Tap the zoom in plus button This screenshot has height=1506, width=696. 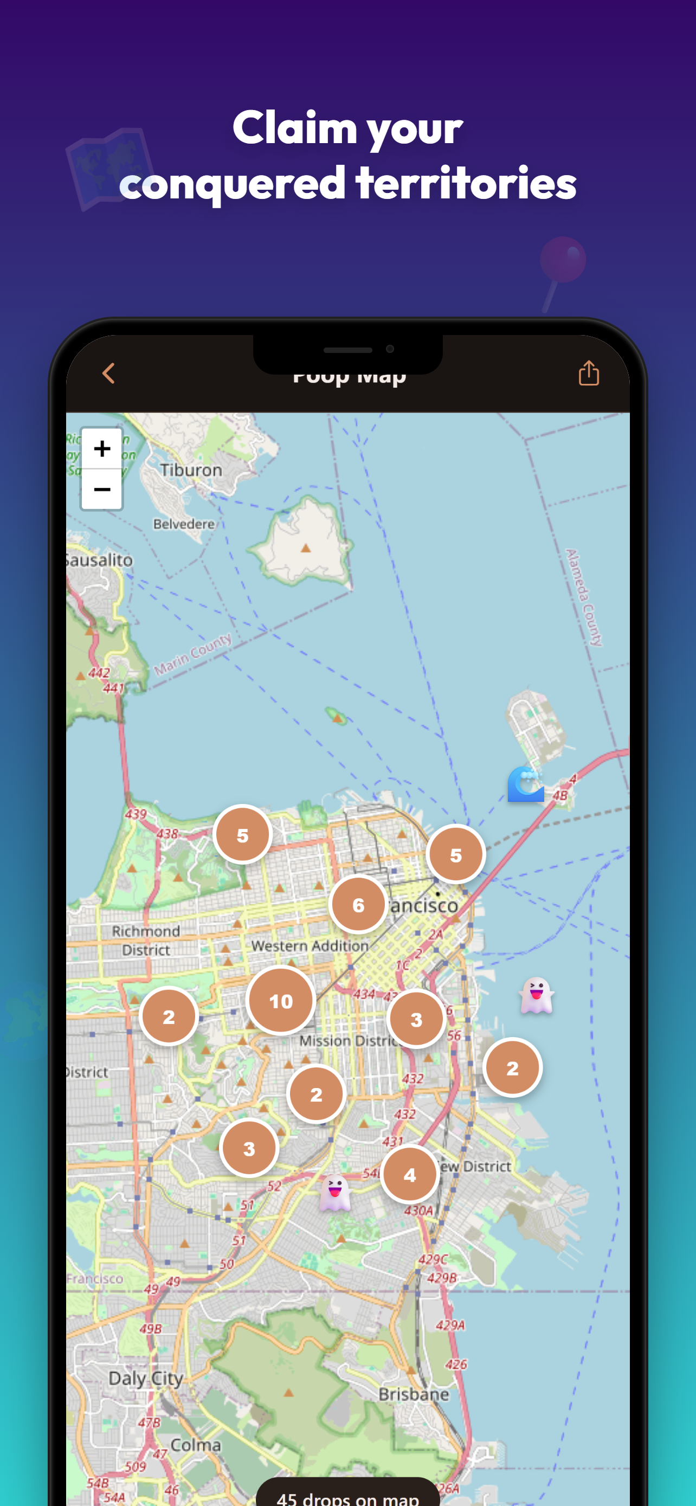pos(102,448)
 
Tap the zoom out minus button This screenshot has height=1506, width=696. pos(102,490)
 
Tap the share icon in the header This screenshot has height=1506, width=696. pos(589,373)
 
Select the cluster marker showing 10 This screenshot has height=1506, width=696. pos(280,1001)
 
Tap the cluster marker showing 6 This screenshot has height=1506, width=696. pos(358,905)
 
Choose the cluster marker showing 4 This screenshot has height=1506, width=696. pos(410,1175)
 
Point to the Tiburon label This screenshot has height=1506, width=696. pos(191,470)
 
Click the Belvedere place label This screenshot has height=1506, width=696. pos(184,524)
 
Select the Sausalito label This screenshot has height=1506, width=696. pos(100,560)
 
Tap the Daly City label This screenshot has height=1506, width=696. pos(145,1378)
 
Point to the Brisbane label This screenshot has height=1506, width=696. pos(414,1394)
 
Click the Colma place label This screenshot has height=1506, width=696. pos(196,1445)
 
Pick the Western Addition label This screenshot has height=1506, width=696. pos(310,945)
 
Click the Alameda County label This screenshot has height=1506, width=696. pos(584,597)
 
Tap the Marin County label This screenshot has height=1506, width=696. pos(193,654)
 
